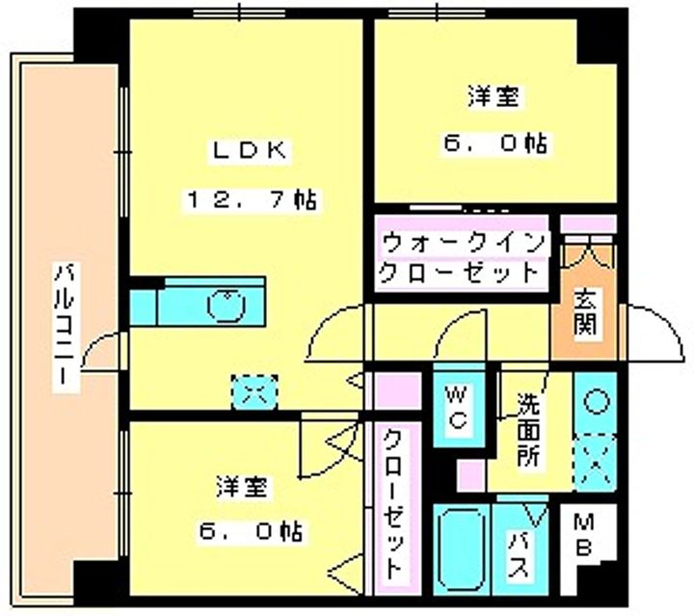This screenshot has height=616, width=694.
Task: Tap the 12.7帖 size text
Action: click(252, 201)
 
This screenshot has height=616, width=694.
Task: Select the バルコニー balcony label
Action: click(65, 323)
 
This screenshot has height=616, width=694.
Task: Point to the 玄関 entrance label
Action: click(586, 314)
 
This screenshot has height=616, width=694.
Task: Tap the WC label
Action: click(458, 407)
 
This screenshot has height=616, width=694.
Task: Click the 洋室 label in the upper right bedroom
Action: click(494, 96)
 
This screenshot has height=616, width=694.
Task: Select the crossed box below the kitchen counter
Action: click(254, 390)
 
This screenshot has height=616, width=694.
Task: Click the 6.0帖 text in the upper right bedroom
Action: click(495, 145)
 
